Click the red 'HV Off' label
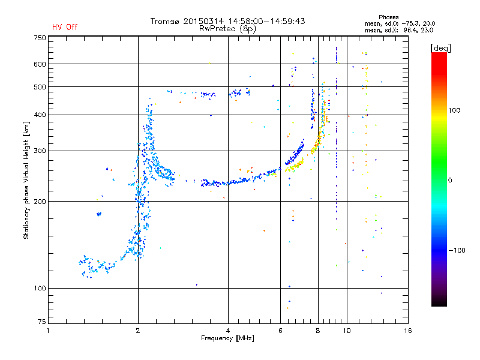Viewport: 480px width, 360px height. point(65,27)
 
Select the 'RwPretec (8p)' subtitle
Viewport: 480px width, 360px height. point(227,29)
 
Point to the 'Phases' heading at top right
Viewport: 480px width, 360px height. point(388,17)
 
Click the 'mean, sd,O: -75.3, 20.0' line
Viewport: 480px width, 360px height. point(400,23)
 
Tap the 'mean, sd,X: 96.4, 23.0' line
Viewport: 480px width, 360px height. point(399,30)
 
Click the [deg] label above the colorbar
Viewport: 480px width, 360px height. point(440,48)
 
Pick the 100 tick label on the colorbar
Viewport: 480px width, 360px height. point(454,110)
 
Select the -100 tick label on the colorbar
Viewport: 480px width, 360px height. point(457,250)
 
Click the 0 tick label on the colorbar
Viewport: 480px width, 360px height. point(450,181)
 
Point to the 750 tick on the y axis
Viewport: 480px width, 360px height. point(40,38)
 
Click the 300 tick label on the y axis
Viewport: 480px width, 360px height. point(40,151)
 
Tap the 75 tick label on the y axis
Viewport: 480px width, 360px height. point(42,322)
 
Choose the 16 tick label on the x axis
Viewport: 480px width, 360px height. point(408,331)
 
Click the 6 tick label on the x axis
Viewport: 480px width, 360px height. point(280,331)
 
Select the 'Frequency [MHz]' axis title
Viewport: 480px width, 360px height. point(227,338)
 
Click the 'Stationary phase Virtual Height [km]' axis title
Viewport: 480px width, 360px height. point(26,181)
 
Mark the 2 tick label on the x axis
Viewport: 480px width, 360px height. point(138,331)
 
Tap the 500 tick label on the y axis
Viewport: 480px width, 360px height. point(40,87)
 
